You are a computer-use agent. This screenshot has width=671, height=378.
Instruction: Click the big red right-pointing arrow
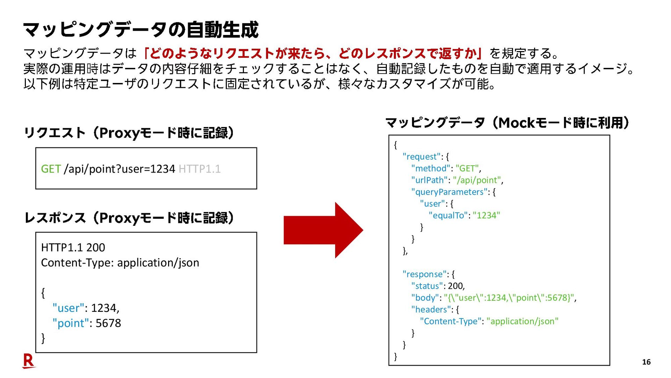pyautogui.click(x=323, y=230)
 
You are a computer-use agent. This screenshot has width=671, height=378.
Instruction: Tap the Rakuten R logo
pyautogui.click(x=28, y=360)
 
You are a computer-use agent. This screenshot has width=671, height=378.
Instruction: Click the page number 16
pyautogui.click(x=646, y=362)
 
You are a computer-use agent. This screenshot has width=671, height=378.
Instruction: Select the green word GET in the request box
pyautogui.click(x=51, y=169)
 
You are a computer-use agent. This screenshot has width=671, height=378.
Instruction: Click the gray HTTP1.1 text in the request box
pyautogui.click(x=200, y=169)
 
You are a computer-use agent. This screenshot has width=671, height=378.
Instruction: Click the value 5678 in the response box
pyautogui.click(x=108, y=323)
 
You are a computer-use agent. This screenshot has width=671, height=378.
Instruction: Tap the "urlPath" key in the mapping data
pyautogui.click(x=430, y=180)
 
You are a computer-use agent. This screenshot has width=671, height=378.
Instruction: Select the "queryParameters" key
pyautogui.click(x=449, y=192)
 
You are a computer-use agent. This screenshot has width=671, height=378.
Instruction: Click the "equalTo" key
pyautogui.click(x=448, y=216)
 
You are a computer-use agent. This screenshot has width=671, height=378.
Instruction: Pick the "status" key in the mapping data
pyautogui.click(x=427, y=286)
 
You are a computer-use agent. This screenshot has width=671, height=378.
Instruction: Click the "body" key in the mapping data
pyautogui.click(x=425, y=298)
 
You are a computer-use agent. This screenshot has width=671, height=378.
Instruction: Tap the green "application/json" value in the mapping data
pyautogui.click(x=522, y=321)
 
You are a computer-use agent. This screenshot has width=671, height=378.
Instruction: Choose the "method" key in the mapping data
pyautogui.click(x=431, y=169)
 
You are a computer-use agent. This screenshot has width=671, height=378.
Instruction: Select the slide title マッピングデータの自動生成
pyautogui.click(x=141, y=30)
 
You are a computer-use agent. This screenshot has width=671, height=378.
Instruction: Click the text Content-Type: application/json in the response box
pyautogui.click(x=120, y=263)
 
